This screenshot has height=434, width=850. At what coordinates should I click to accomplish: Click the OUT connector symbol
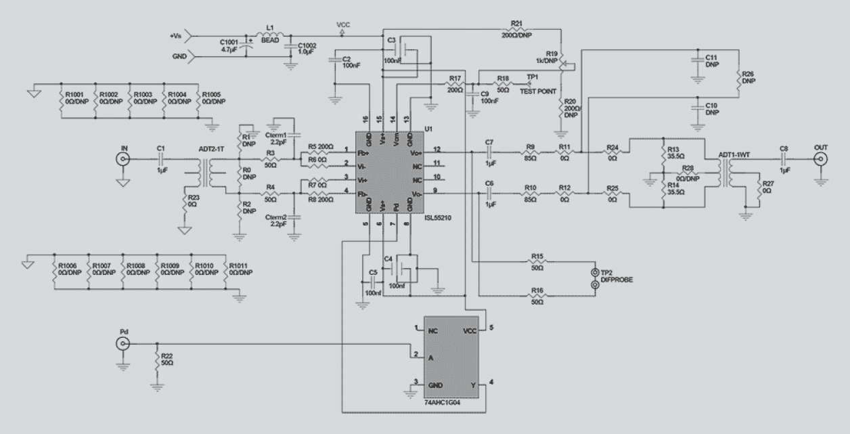click(x=821, y=160)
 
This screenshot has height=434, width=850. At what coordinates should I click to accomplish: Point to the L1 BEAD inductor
click(x=271, y=35)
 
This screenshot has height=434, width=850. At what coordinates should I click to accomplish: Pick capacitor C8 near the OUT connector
click(x=783, y=160)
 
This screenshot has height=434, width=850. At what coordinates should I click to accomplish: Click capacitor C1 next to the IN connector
click(x=160, y=160)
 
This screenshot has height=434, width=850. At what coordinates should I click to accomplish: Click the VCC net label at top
click(x=343, y=24)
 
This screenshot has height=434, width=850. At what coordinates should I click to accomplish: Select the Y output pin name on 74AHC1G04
click(x=474, y=385)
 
